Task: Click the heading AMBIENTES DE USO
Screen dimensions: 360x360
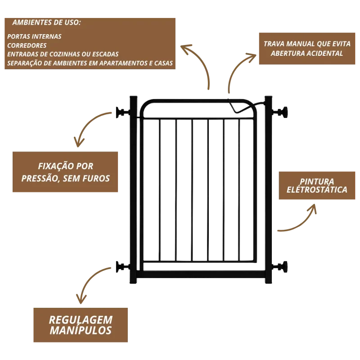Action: point(47,22)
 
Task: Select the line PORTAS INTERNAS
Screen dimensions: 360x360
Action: point(35,36)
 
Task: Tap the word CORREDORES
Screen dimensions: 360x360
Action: point(27,45)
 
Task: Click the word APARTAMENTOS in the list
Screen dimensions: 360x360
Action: point(118,63)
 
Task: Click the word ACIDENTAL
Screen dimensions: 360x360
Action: point(326,53)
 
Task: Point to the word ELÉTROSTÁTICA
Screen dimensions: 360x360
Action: point(317,189)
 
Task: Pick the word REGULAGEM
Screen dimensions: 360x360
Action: point(81,320)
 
